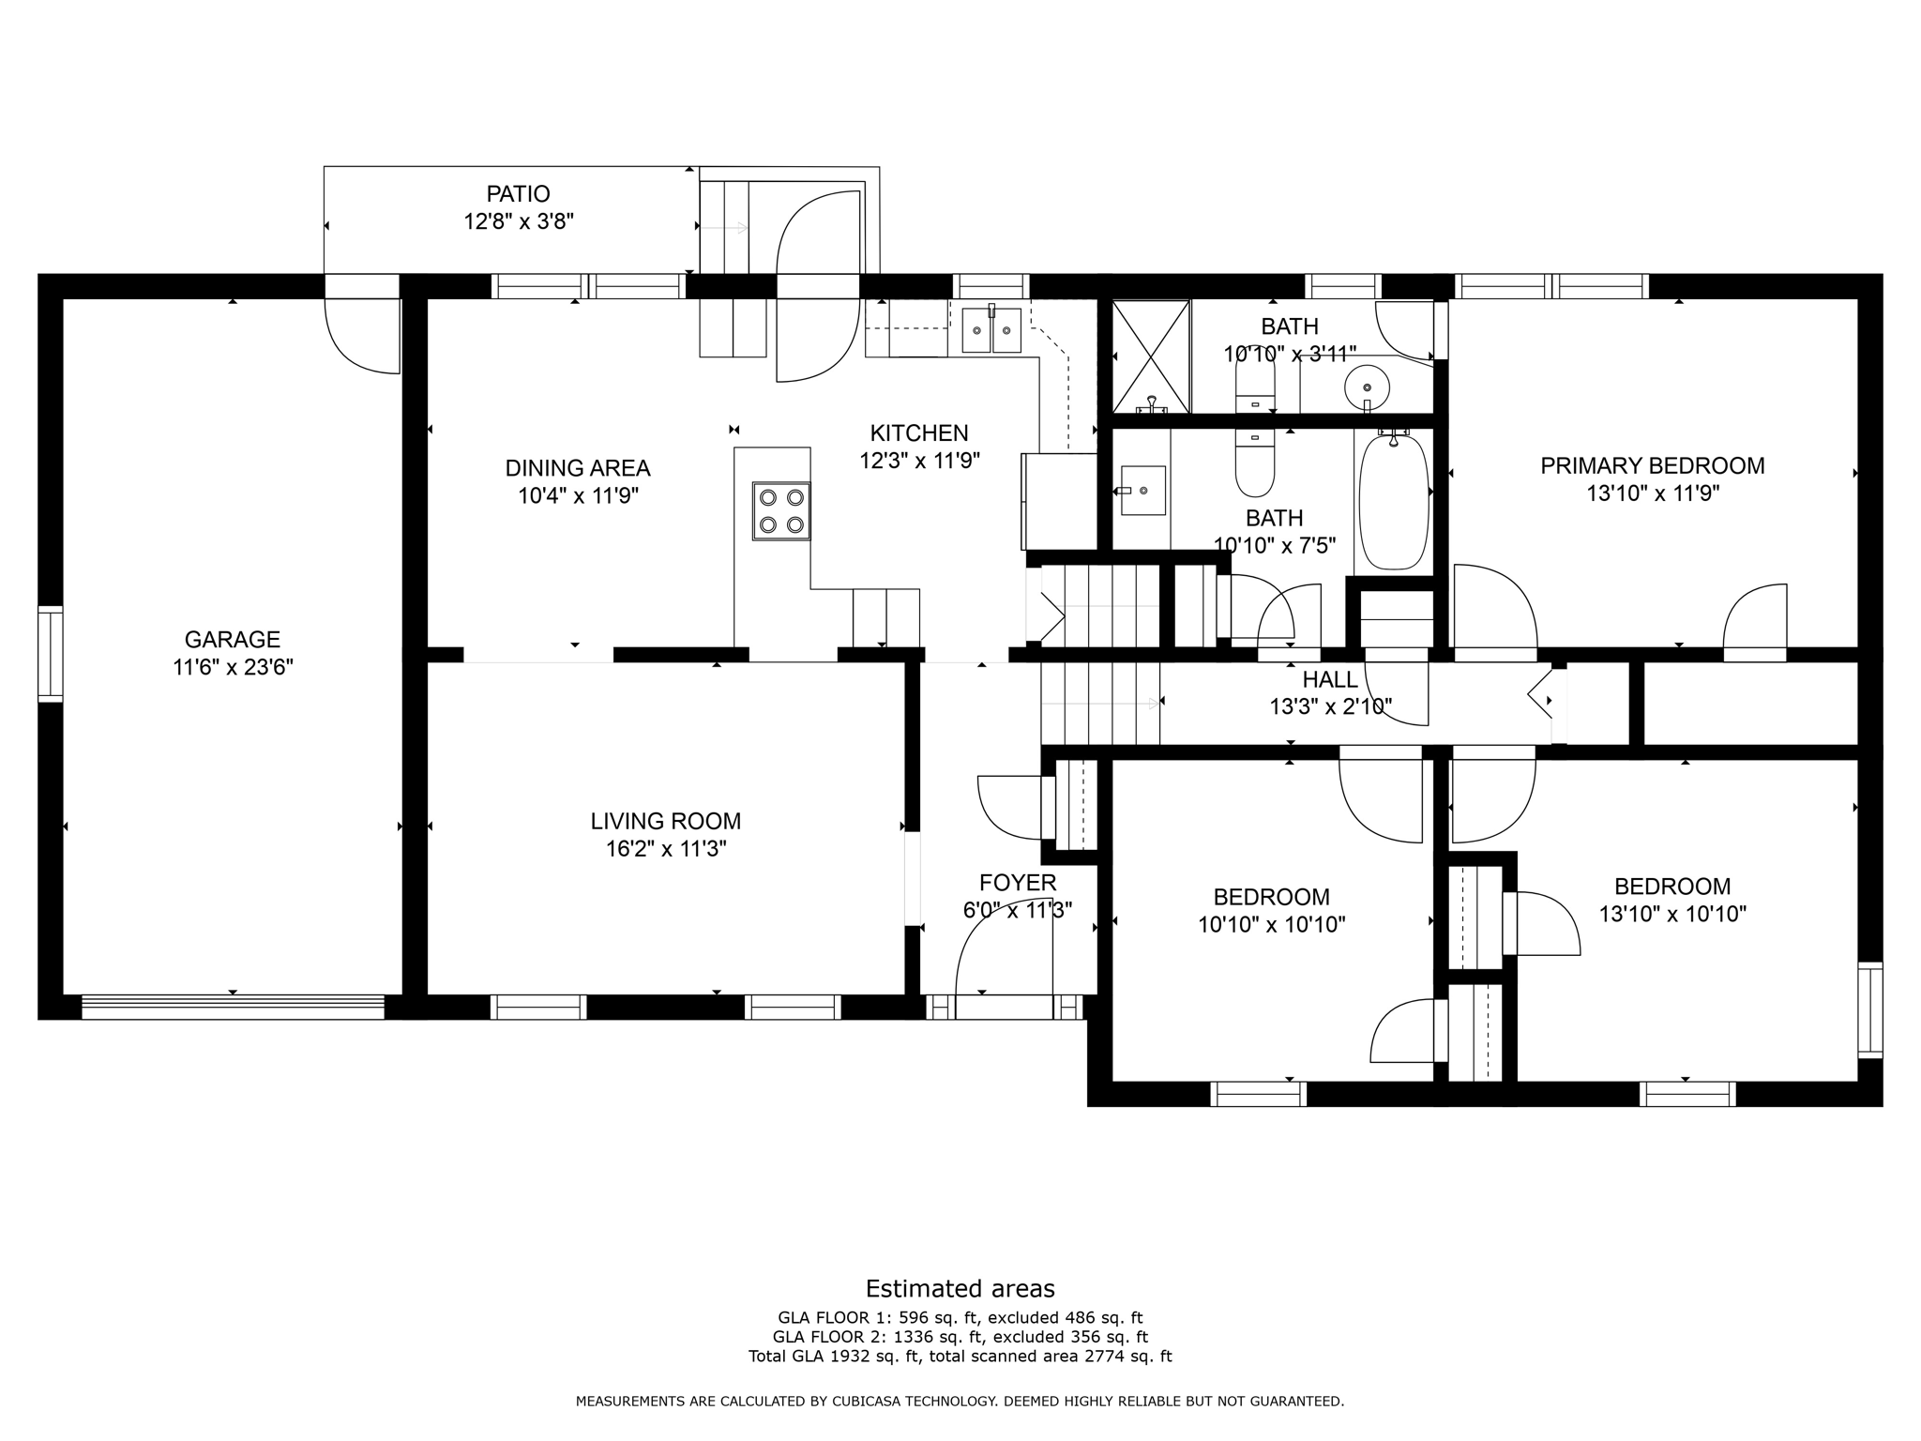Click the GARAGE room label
tap(232, 639)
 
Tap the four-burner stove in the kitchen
tap(781, 511)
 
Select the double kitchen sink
tap(991, 330)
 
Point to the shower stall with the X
tap(1150, 356)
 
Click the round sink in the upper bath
tap(1367, 387)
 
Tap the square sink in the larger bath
tap(1142, 491)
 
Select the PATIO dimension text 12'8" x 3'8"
tap(518, 222)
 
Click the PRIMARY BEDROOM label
tap(1652, 465)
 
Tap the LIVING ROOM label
tap(665, 821)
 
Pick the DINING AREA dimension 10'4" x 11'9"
tap(579, 495)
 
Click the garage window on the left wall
tap(50, 654)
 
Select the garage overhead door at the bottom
tap(233, 1007)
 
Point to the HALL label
tap(1329, 679)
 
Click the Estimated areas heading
tap(960, 1288)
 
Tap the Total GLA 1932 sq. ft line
tap(960, 1356)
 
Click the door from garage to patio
tap(361, 333)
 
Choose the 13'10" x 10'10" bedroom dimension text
tap(1672, 914)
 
